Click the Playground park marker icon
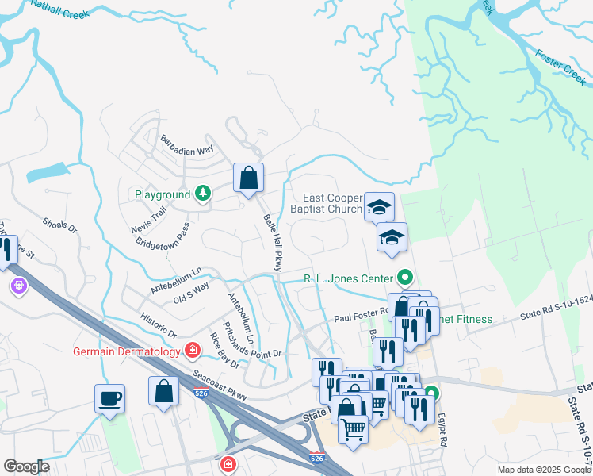click(204, 194)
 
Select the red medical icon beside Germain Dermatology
click(192, 350)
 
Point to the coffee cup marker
click(109, 397)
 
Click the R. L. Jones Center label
click(349, 278)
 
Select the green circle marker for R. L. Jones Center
click(405, 278)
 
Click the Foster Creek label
click(560, 67)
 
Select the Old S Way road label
click(190, 292)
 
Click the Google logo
click(26, 466)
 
